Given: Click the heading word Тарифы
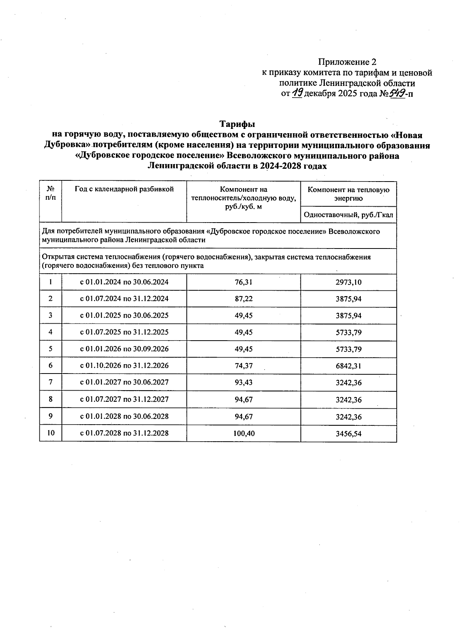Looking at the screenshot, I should tap(237, 124).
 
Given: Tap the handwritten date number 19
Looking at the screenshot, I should tap(297, 93).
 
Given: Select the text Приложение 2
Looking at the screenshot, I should tap(347, 62).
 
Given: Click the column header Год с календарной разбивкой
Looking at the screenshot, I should tap(124, 189).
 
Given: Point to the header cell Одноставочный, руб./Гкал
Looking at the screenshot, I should tap(348, 215).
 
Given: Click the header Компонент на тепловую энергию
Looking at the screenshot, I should tap(348, 194).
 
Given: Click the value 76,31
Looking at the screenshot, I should tap(244, 282).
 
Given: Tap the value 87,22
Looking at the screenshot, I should tap(244, 299).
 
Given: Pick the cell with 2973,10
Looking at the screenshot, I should tap(348, 282).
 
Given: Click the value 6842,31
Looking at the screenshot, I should tap(348, 366).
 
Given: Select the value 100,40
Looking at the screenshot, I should tap(244, 434).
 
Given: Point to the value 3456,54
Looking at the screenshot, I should tap(348, 434).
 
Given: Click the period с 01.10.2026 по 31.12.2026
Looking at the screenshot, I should tap(124, 366).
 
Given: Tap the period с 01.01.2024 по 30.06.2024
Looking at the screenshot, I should tap(124, 282).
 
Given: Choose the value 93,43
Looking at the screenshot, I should tap(244, 382).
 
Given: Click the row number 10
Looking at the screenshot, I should tap(51, 433).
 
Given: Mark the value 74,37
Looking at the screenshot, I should tap(244, 366).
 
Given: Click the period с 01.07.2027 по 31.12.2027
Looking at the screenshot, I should tap(124, 399).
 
